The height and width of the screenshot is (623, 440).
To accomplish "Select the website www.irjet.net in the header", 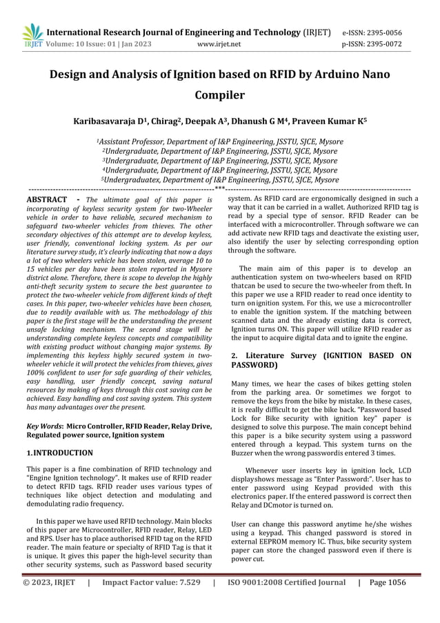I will click(x=219, y=45).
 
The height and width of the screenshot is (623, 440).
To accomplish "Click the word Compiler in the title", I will click(x=220, y=95).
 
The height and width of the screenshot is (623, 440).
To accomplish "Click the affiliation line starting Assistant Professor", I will click(x=220, y=142).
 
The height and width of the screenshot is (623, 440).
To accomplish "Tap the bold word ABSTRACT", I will click(x=47, y=200).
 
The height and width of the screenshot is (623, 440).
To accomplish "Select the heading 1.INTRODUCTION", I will click(x=59, y=453).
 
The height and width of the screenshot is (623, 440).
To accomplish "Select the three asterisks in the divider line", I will click(x=219, y=188).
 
